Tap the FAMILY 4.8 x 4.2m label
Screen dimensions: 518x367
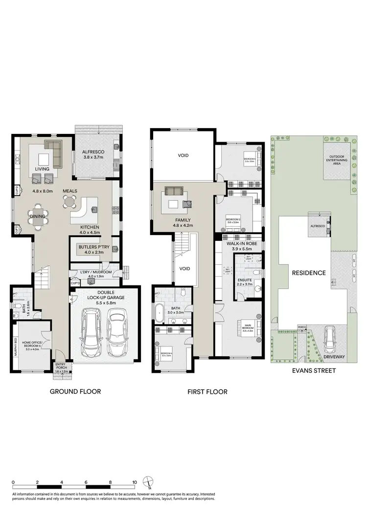click(183, 223)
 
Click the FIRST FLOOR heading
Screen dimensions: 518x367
click(207, 392)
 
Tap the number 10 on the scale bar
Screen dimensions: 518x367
click(134, 482)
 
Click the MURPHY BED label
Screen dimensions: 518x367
click(16, 346)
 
